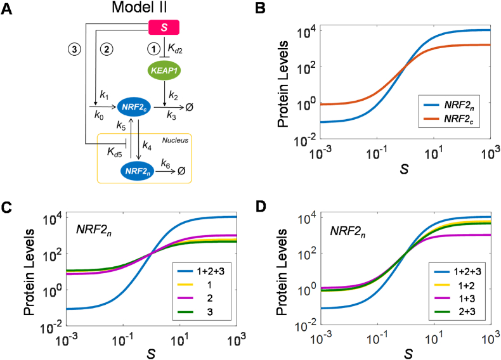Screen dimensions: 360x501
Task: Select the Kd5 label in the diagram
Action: pos(115,152)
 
